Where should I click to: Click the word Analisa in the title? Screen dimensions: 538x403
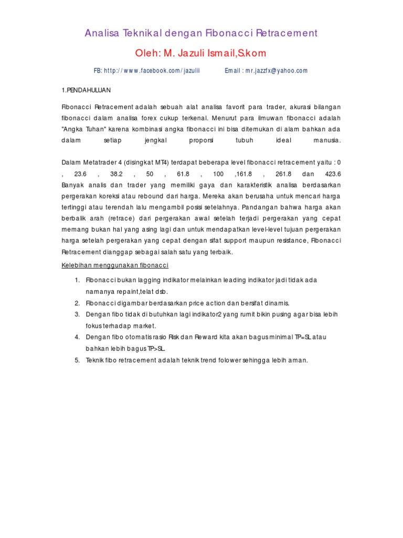coord(102,33)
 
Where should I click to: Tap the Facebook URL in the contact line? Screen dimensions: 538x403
coord(152,70)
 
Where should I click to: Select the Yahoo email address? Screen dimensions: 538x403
coord(274,70)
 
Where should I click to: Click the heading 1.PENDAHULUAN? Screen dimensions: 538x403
coord(86,90)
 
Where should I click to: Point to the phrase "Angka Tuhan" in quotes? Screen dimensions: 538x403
coord(83,129)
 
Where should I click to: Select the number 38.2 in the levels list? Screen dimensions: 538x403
coord(116,174)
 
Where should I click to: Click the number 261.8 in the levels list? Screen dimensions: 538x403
coord(283,174)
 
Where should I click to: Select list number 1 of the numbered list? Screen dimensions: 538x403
coord(77,280)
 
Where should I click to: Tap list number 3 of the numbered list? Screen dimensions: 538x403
coord(77,314)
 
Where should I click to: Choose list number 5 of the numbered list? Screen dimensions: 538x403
coord(77,360)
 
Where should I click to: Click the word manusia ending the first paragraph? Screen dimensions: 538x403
coord(327,141)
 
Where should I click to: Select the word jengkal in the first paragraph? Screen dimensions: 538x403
coord(154,141)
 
